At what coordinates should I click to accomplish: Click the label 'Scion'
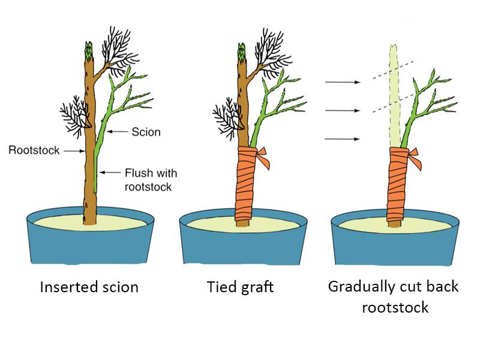147,131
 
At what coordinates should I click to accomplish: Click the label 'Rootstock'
34,150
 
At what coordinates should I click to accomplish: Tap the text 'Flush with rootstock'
151,179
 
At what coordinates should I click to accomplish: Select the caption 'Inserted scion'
89,287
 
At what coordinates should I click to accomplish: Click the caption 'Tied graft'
240,287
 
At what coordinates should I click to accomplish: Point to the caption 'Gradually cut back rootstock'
393,296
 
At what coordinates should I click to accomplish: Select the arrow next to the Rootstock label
73,151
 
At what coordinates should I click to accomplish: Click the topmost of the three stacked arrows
341,82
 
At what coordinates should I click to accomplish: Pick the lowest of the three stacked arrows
341,139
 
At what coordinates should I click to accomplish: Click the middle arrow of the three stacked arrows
341,110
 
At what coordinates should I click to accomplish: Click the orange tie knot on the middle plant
263,158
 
